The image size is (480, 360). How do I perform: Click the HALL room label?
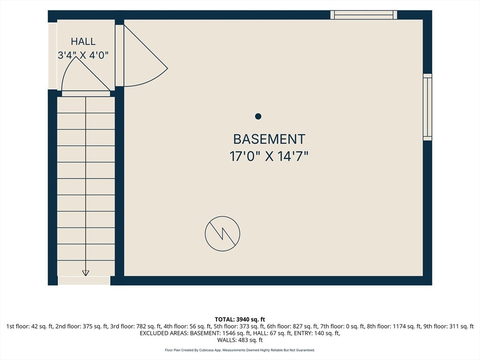[83, 41]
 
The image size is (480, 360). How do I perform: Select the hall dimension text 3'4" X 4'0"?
[83, 55]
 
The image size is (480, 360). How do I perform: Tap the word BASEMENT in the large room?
[269, 139]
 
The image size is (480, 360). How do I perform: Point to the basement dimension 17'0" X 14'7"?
[269, 156]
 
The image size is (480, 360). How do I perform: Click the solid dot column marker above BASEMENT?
[258, 116]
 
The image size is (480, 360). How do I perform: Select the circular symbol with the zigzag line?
[223, 234]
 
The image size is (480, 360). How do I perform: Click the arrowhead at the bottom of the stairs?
[86, 273]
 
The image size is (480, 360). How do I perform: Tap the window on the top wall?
[364, 15]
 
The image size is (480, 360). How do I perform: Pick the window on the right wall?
[427, 107]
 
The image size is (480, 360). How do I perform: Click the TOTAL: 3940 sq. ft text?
[240, 320]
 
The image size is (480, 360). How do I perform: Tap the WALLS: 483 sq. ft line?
[240, 340]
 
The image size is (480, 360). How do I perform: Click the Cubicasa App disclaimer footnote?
[240, 350]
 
